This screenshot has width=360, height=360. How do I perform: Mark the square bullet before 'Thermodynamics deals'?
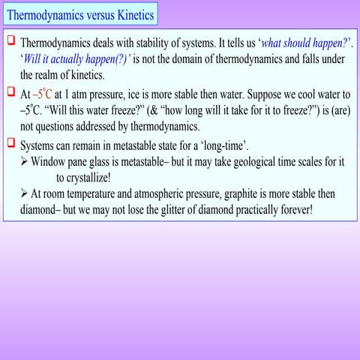click(11, 41)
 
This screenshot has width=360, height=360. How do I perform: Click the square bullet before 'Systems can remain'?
click(11, 143)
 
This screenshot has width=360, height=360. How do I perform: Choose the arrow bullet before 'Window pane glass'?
click(25, 161)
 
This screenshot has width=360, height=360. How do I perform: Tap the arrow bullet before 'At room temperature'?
click(25, 193)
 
